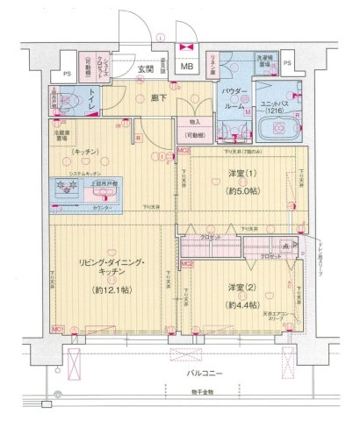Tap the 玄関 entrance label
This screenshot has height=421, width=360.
click(145, 68)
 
